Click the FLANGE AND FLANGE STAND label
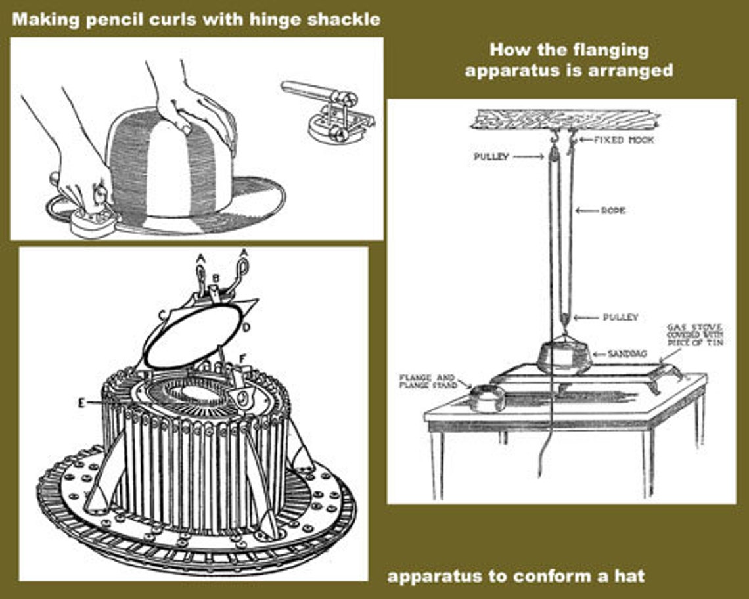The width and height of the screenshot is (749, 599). click(x=428, y=382)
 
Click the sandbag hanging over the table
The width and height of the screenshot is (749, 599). click(x=564, y=357)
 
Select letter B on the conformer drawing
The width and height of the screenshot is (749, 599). click(x=215, y=278)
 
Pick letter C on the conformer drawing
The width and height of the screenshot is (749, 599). click(x=160, y=314)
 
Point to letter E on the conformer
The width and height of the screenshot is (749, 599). click(x=81, y=403)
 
